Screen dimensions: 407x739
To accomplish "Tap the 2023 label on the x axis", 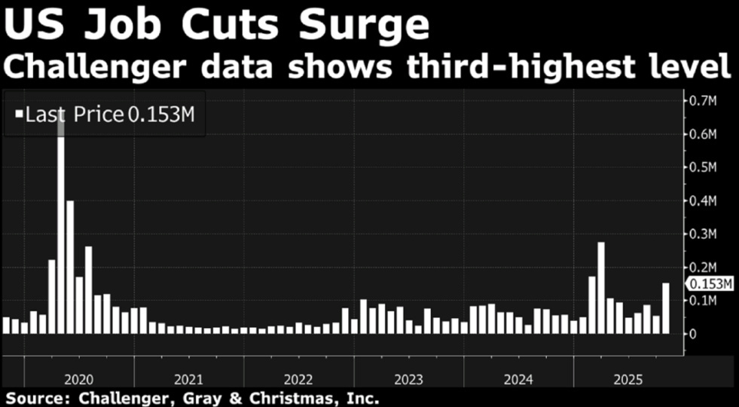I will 409,378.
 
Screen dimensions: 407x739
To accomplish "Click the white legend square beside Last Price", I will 17,115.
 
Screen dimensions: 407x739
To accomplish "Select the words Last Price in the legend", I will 74,115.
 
